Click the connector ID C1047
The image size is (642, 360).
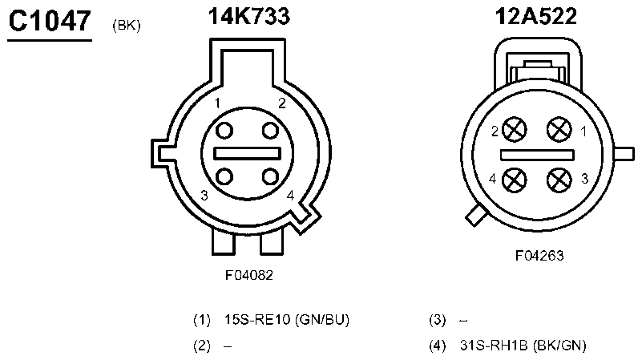[50, 21]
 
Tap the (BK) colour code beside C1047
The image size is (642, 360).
[127, 26]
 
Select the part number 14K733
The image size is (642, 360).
[249, 16]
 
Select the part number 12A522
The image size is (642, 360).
[536, 16]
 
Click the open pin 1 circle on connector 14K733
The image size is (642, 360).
[224, 131]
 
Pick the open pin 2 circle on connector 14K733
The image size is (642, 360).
[270, 131]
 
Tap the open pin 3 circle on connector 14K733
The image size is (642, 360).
[224, 177]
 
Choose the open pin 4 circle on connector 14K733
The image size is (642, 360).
[270, 177]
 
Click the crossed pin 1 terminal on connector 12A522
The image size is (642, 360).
[559, 129]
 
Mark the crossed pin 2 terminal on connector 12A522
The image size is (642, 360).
[515, 129]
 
